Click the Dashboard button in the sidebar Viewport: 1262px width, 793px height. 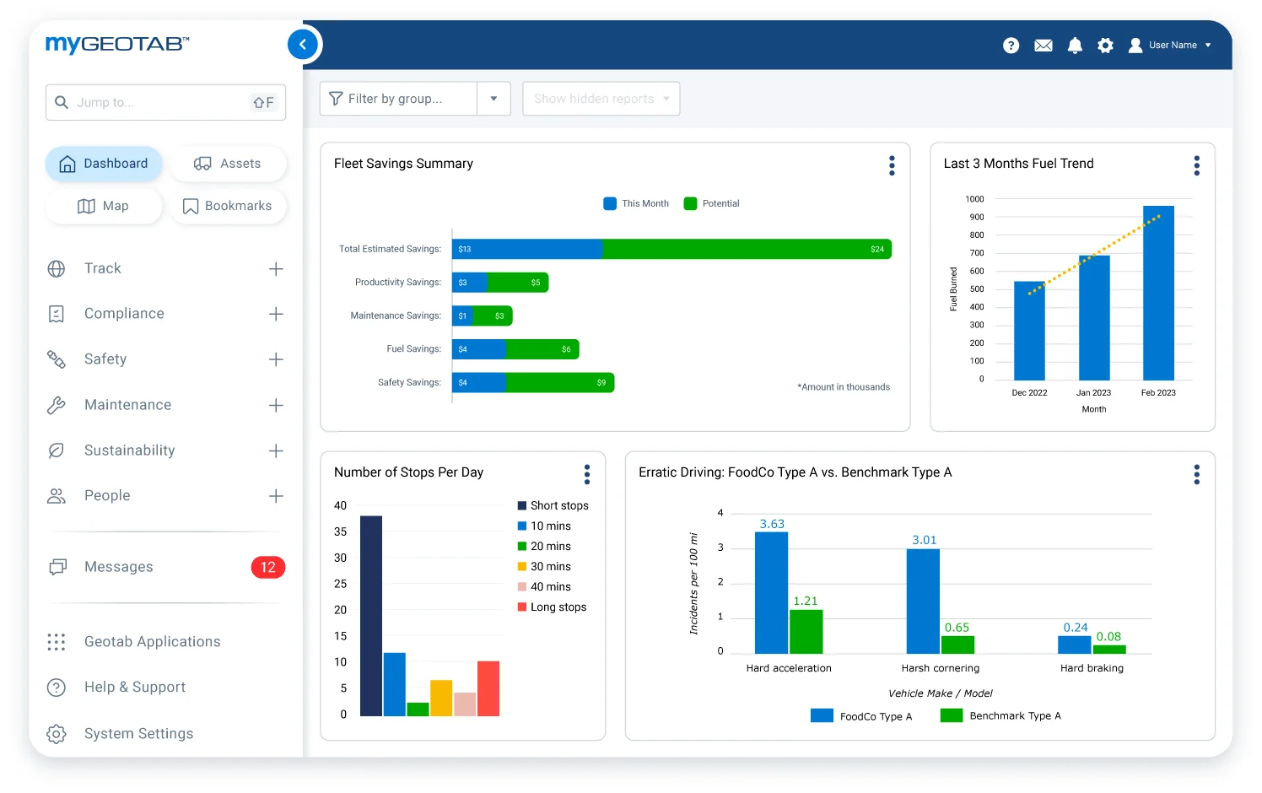point(104,164)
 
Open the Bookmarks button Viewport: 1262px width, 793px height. point(228,206)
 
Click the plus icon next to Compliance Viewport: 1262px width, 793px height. point(276,314)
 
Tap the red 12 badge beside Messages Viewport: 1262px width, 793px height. point(267,568)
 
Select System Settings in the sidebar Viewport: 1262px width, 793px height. point(138,734)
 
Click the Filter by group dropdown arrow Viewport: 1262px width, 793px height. point(493,99)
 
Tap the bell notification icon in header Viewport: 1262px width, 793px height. point(1075,46)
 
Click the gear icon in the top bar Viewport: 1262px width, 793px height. point(1105,46)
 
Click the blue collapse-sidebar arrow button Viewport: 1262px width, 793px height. point(303,45)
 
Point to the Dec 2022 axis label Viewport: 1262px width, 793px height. point(1029,393)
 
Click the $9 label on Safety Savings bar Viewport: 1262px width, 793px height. point(601,383)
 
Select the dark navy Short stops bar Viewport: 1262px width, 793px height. point(371,616)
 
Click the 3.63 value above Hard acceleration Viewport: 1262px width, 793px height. point(772,524)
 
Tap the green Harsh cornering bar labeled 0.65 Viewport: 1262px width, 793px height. point(957,645)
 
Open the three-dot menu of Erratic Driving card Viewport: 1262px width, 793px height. point(1196,475)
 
